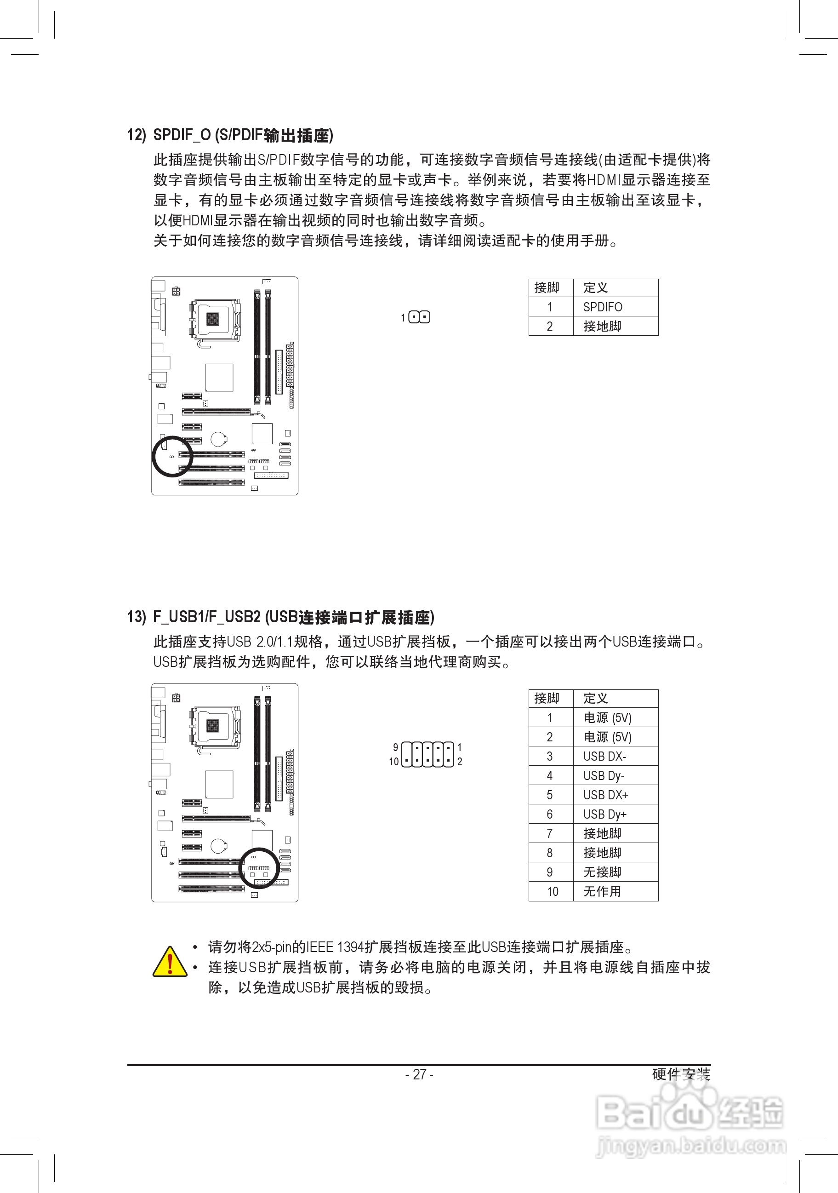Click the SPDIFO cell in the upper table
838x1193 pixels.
602,307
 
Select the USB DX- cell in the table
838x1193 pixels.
604,756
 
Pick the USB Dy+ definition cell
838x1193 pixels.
604,814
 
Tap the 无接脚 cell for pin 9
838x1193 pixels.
602,872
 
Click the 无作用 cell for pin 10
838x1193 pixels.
602,891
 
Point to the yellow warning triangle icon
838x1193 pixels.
169,962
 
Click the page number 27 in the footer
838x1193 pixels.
419,1074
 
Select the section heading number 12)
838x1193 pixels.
137,135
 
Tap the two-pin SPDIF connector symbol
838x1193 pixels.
419,317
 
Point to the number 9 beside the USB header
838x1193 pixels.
396,747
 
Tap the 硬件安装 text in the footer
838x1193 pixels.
681,1074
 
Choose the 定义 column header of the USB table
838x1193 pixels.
596,698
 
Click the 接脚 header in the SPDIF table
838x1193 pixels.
547,288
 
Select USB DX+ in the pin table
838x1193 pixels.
605,795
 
